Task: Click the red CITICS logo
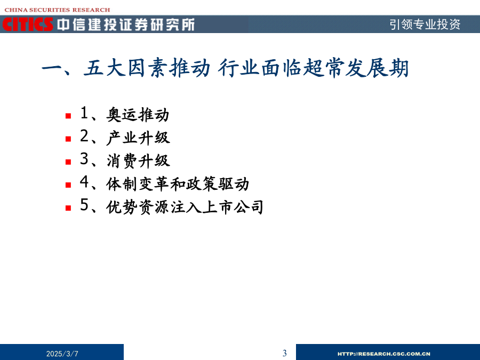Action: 28,24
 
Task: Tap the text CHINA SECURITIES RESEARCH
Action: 57,10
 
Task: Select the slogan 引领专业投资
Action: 425,24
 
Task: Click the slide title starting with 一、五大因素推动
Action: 225,68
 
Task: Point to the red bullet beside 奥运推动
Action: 68,116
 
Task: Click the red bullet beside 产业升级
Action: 68,139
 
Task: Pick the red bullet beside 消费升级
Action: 68,162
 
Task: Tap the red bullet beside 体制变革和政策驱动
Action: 68,185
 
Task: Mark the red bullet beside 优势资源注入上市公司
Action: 68,208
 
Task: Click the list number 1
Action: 84,113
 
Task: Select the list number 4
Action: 84,182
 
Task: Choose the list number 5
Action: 84,205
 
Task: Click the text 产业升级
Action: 138,138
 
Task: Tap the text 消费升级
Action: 138,161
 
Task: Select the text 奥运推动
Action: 138,115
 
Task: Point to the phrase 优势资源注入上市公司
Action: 185,207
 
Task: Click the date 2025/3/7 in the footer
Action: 62,354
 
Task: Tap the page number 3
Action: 285,353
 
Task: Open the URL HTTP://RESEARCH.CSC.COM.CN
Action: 384,354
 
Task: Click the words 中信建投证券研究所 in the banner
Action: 126,25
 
